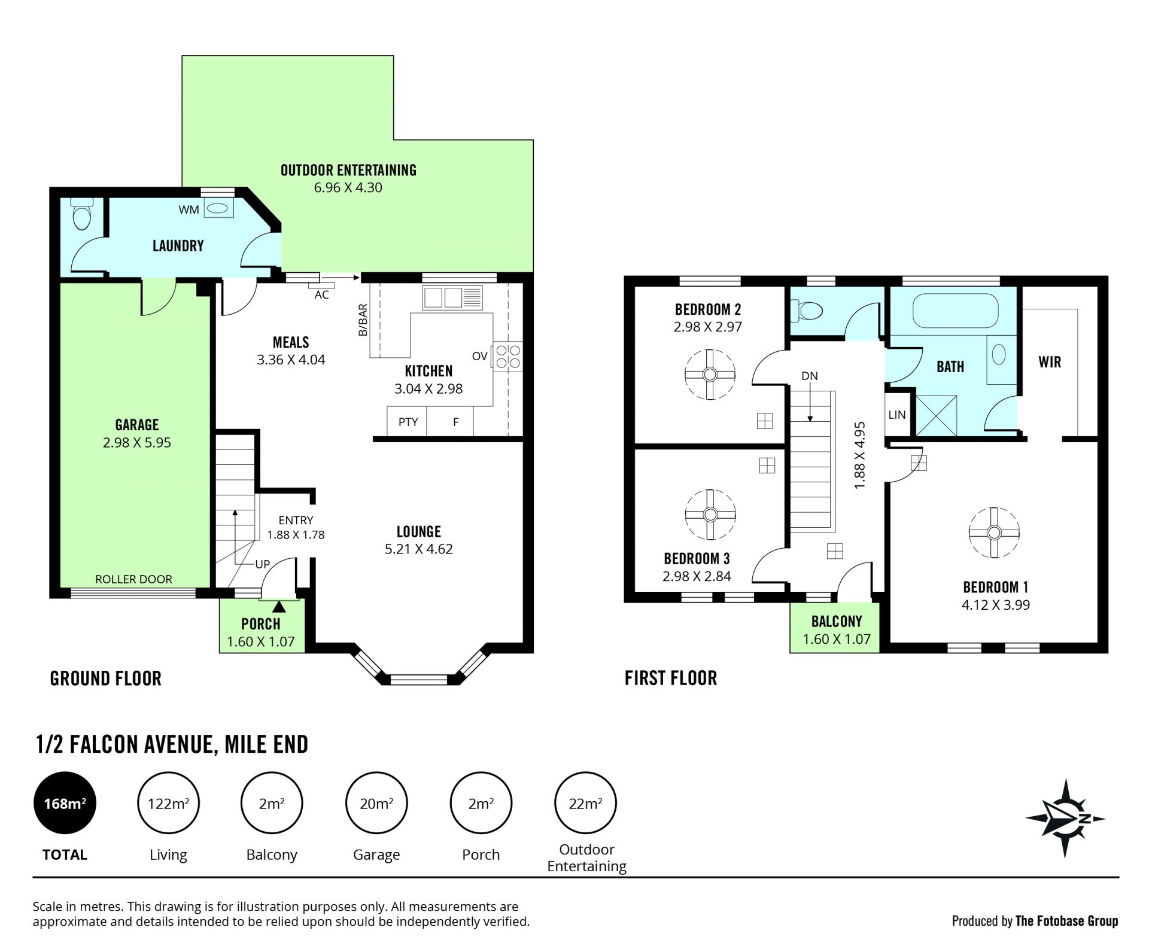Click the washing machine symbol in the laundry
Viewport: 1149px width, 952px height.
pyautogui.click(x=218, y=208)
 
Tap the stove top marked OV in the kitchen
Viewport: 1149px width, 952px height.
pyautogui.click(x=507, y=357)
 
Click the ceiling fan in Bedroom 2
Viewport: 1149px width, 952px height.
pyautogui.click(x=710, y=375)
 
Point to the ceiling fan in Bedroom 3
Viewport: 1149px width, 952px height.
pyautogui.click(x=710, y=515)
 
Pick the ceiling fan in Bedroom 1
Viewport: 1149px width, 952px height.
pyautogui.click(x=994, y=533)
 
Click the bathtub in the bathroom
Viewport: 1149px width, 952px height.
pyautogui.click(x=955, y=310)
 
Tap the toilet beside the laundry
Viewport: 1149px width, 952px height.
pyautogui.click(x=81, y=214)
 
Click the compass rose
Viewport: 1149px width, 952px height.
pyautogui.click(x=1065, y=819)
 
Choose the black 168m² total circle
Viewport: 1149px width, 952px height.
pyautogui.click(x=65, y=803)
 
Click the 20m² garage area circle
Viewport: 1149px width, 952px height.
pyautogui.click(x=376, y=803)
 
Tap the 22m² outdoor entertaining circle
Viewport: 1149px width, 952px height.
pyautogui.click(x=585, y=803)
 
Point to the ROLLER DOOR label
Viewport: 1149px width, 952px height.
pyautogui.click(x=133, y=579)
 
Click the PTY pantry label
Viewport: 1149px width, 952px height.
pyautogui.click(x=408, y=422)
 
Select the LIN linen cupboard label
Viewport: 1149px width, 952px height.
pyautogui.click(x=897, y=415)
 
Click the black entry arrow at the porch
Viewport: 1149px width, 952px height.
pyautogui.click(x=279, y=606)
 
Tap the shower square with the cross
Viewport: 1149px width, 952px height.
pyautogui.click(x=936, y=415)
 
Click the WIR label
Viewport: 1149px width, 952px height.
pyautogui.click(x=1050, y=362)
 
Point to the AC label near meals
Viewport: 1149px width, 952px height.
pyautogui.click(x=321, y=294)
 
